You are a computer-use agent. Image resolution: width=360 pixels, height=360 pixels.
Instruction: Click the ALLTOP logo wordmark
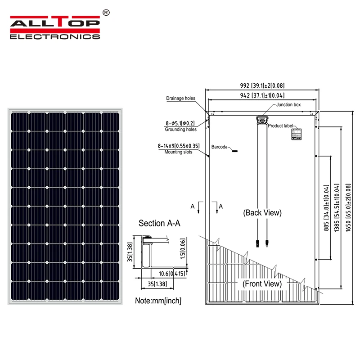pyautogui.click(x=54, y=23)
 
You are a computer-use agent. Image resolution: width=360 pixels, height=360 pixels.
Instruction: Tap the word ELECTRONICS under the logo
pyautogui.click(x=54, y=36)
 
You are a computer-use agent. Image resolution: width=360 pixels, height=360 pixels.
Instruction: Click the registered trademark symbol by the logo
pyautogui.click(x=106, y=13)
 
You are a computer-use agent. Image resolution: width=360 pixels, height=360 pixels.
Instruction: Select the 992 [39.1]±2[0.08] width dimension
pyautogui.click(x=262, y=85)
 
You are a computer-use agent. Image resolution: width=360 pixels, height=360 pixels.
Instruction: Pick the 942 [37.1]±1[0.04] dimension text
pyautogui.click(x=262, y=95)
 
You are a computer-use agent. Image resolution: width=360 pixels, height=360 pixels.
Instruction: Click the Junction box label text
pyautogui.click(x=288, y=105)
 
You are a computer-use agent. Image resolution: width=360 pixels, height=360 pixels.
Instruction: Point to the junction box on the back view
pyautogui.click(x=261, y=120)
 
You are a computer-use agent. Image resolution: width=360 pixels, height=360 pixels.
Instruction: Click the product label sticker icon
pyautogui.click(x=296, y=134)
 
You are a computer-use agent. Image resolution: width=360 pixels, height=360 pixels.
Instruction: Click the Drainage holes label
pyautogui.click(x=180, y=98)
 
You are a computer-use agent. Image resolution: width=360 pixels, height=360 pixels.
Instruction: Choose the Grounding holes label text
pyautogui.click(x=180, y=130)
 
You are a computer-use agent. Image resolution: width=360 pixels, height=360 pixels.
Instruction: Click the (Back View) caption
pyautogui.click(x=262, y=212)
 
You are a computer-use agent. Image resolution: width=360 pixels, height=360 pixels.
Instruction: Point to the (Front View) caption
pyautogui.click(x=262, y=283)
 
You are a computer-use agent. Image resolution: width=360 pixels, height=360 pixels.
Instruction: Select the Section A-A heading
pyautogui.click(x=159, y=224)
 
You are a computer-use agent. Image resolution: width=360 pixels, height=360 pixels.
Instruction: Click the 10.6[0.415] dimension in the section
pyautogui.click(x=173, y=273)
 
